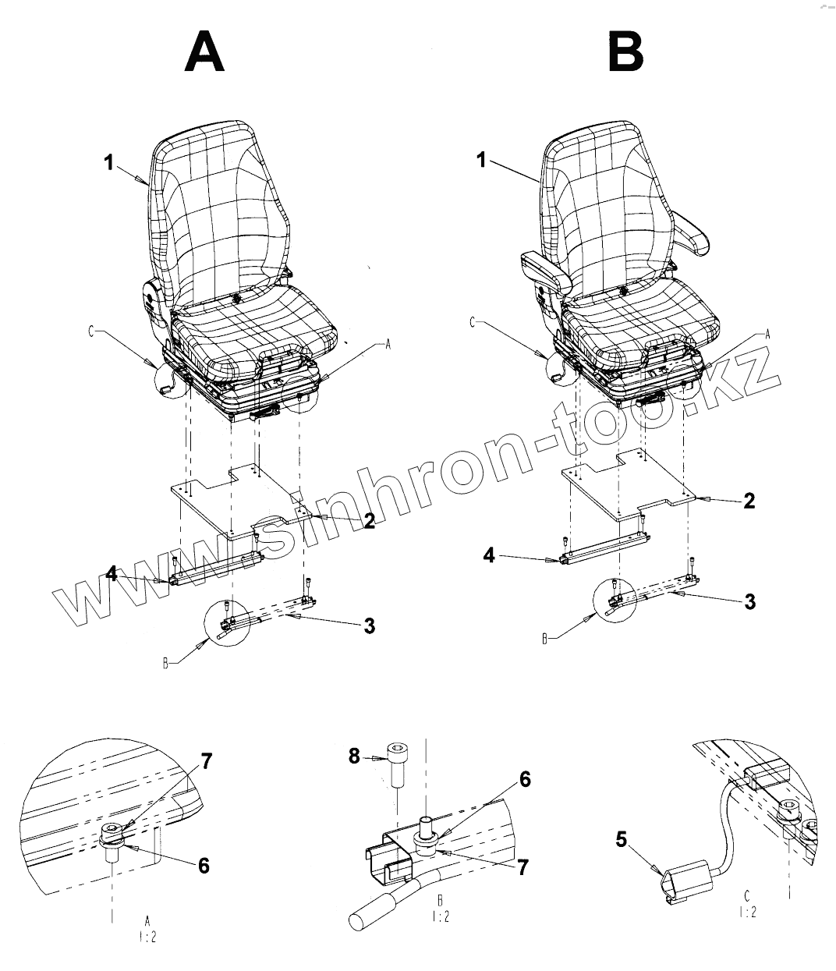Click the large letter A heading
pos(205,53)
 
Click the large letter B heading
pos(625,53)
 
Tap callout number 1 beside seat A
pos(110,163)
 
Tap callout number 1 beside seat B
pos(481,161)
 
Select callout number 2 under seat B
pos(749,501)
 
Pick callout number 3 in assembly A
pos(369,625)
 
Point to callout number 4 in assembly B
pos(489,555)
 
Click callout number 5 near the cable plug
pos(621,839)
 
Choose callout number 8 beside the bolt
pos(355,755)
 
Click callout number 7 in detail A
pos(206,762)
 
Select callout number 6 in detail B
pos(525,778)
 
